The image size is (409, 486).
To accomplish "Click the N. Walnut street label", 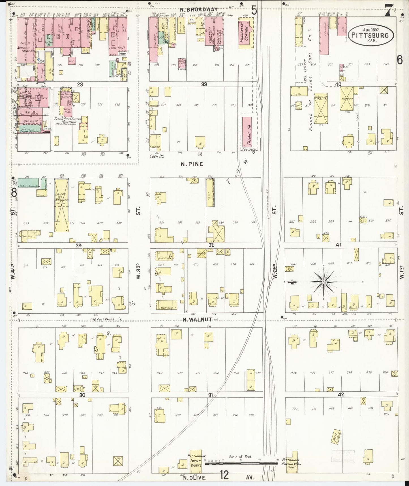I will click(x=197, y=320).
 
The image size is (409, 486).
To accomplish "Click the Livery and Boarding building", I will click(x=61, y=207).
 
